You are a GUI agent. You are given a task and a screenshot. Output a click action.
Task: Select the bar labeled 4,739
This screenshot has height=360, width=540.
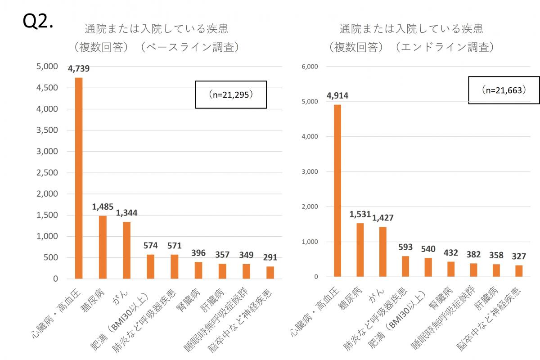coord(79,178)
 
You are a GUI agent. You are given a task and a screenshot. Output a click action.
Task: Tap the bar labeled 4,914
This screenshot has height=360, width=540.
coord(337,191)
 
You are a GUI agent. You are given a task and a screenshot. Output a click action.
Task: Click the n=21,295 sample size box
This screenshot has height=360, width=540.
coord(231,95)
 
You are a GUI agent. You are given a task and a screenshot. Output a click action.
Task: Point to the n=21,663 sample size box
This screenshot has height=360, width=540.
coord(504,90)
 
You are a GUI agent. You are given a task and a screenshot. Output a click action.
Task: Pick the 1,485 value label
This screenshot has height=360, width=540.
coord(103,207)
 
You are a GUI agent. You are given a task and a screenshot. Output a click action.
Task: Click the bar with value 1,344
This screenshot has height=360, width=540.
coord(126,250)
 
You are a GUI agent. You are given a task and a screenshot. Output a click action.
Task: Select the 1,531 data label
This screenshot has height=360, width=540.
coord(360,214)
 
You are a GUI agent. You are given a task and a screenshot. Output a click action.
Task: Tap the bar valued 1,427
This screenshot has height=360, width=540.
coord(382,252)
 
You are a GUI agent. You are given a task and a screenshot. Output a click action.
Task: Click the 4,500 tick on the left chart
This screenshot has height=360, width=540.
coord(47,88)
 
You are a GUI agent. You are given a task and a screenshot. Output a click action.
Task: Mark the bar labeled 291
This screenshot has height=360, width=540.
coord(270,273)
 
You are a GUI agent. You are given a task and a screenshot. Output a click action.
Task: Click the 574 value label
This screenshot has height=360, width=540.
coord(150,246)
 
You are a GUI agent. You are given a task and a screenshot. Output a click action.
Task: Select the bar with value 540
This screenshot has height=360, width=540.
coord(428,267)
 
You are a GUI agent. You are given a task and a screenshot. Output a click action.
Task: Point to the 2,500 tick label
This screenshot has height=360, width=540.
coord(47,173)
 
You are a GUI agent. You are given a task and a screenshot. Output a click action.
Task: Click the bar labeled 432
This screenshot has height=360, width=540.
coord(451,269)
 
